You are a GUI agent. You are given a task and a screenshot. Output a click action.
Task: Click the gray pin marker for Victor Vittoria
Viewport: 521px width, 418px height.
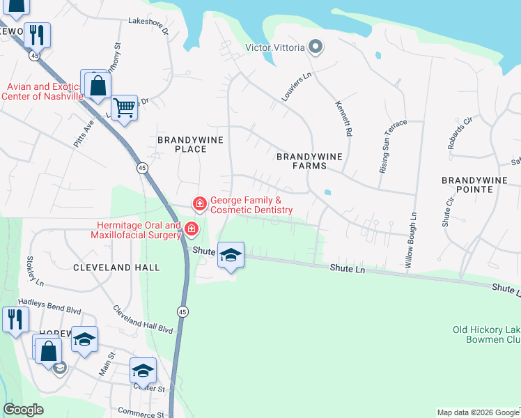(x=315, y=47)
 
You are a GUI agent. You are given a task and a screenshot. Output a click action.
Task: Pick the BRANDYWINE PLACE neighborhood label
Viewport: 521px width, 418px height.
(x=190, y=144)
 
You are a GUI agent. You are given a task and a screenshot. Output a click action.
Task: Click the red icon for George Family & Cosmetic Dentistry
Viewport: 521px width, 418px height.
(x=199, y=203)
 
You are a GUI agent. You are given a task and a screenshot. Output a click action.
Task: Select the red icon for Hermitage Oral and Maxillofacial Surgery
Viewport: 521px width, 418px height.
(x=191, y=229)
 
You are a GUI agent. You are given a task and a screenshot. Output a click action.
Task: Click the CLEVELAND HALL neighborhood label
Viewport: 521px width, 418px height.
(x=116, y=268)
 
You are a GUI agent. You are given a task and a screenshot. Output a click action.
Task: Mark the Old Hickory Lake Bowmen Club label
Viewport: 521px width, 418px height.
(x=486, y=334)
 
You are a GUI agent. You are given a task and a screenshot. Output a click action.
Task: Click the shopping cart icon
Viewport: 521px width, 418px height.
(x=124, y=108)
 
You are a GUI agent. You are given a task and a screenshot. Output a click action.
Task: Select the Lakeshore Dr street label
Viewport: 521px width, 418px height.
(x=148, y=26)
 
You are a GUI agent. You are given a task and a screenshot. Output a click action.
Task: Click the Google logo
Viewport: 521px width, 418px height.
(x=24, y=410)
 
